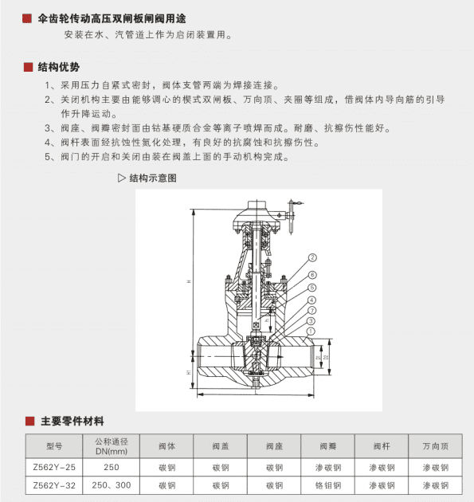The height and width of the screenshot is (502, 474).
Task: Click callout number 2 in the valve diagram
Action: (312, 257)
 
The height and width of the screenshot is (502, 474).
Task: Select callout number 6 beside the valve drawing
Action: (312, 274)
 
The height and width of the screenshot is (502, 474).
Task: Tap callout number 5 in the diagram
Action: (312, 287)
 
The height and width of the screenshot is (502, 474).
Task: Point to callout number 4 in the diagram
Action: (312, 300)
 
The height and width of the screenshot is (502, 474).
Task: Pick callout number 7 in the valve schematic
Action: (312, 310)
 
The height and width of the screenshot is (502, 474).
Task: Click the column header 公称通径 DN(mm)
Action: (112, 445)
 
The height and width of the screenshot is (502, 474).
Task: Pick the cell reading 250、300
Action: (112, 484)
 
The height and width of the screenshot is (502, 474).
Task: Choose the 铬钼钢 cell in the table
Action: (328, 484)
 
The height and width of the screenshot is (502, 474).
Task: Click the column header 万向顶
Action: (436, 445)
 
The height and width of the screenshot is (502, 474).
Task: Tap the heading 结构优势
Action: (58, 67)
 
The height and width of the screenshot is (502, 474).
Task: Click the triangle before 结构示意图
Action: (122, 178)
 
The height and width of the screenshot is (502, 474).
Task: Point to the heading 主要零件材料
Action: (72, 421)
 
